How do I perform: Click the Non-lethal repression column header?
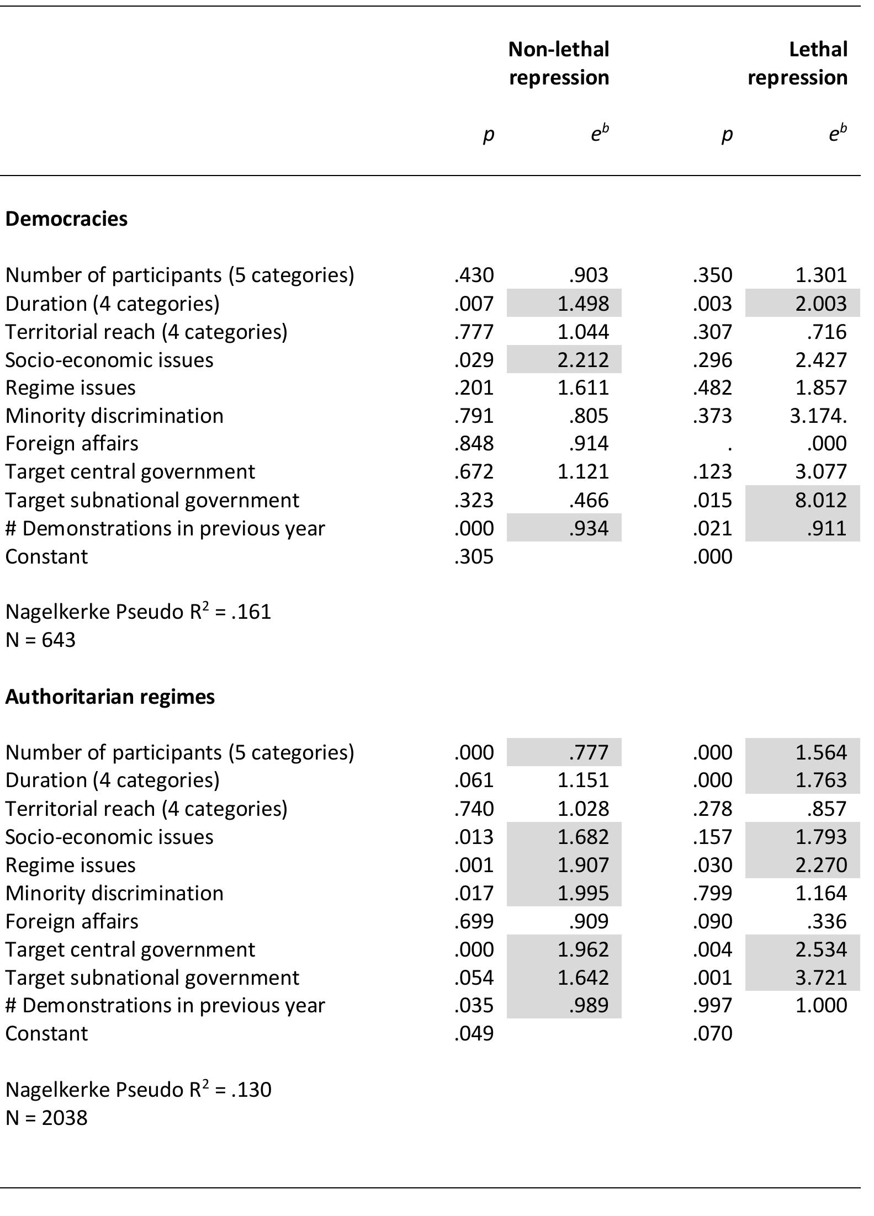[x=559, y=63]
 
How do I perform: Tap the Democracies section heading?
[x=66, y=219]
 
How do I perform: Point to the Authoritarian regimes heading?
[x=110, y=697]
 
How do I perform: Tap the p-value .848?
[x=474, y=443]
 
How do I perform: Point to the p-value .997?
[x=712, y=1005]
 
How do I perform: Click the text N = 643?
[x=40, y=640]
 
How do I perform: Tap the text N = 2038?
[x=46, y=1118]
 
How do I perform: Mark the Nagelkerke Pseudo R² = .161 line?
[x=138, y=612]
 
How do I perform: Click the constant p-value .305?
[x=474, y=556]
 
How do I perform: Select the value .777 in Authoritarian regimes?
[x=589, y=752]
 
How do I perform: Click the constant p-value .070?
[x=712, y=1033]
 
